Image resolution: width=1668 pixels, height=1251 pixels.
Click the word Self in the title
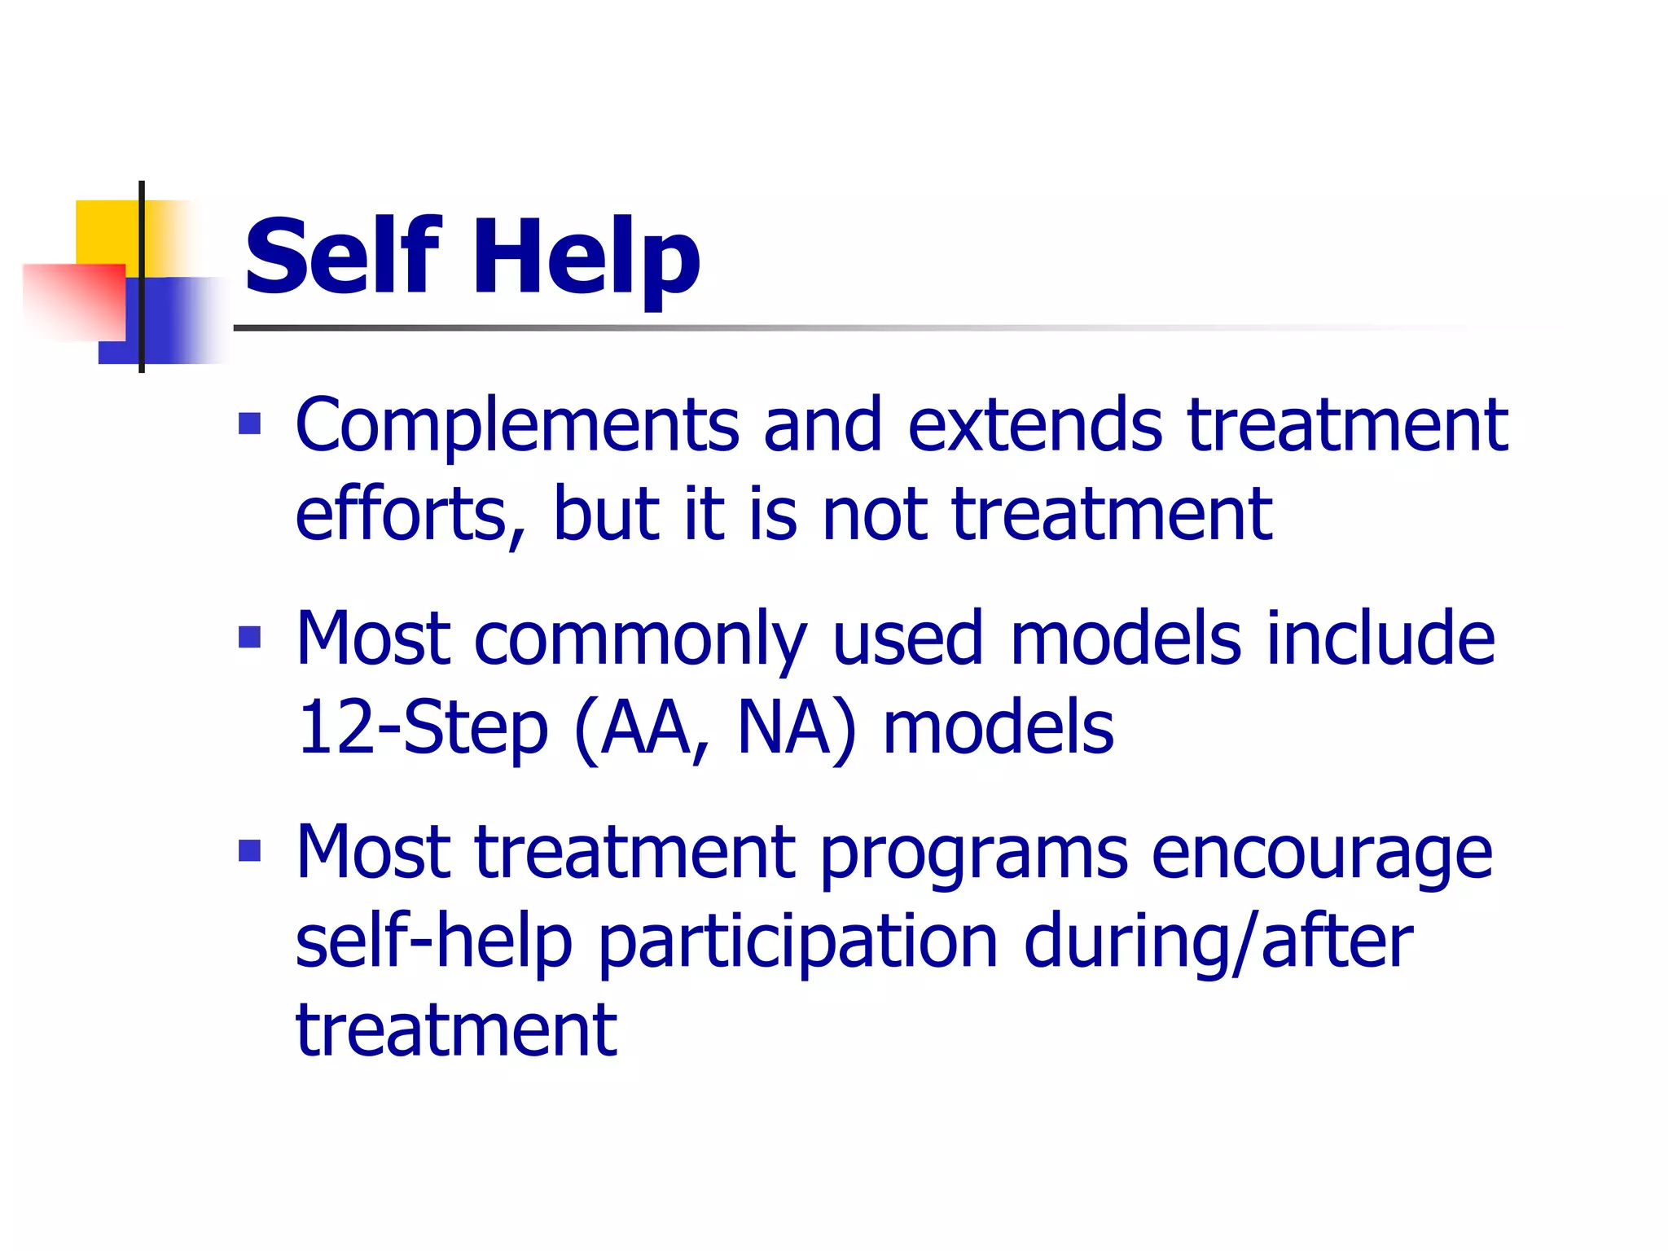pos(342,257)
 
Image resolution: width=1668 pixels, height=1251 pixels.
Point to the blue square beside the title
pos(175,322)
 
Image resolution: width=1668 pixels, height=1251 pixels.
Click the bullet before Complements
pos(249,424)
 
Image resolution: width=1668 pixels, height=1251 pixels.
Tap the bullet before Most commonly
pos(249,637)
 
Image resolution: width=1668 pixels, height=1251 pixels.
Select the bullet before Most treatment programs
pos(249,851)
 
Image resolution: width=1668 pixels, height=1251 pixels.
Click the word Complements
pos(517,425)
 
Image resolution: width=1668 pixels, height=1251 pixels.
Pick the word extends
pos(1035,425)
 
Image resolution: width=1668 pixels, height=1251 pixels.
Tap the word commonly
pos(640,639)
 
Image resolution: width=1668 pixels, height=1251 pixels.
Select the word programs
pos(973,854)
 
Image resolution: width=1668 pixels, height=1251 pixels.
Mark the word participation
pos(798,943)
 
